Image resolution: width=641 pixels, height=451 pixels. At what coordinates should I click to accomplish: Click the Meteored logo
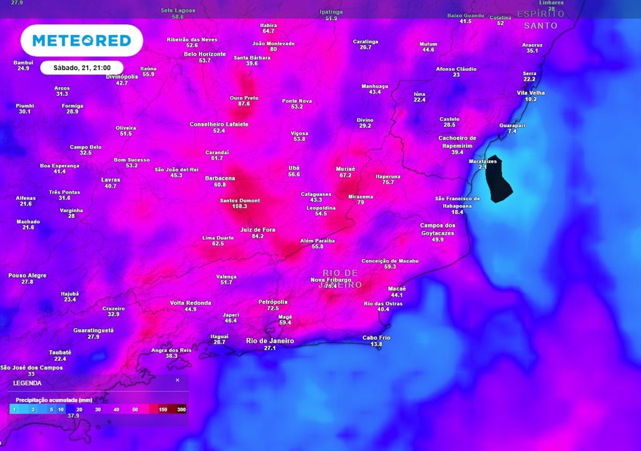pos(82,41)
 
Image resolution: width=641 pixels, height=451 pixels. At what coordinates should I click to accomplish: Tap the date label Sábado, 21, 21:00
pos(81,68)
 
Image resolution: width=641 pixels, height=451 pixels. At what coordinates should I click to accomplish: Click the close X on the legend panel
pos(177,380)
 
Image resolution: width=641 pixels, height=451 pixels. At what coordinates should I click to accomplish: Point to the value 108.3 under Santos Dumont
pos(239,206)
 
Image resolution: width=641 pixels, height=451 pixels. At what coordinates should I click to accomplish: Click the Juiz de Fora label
pos(257,230)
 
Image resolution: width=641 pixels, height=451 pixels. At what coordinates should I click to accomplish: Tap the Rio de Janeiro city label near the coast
pos(270,341)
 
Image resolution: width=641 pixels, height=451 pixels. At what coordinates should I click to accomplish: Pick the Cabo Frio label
pos(376,338)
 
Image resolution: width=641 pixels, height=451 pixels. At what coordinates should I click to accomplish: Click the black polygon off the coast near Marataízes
pos(499,179)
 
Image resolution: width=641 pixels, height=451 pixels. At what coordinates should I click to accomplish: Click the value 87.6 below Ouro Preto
pos(244,103)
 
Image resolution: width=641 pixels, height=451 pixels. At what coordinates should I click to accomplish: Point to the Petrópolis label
pos(273,301)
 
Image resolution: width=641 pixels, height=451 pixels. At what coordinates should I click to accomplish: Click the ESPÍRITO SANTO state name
pos(541,19)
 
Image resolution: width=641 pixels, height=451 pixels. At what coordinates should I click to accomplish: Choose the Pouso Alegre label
pos(28,275)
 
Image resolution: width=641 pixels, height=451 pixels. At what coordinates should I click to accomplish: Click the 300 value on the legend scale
pos(182,409)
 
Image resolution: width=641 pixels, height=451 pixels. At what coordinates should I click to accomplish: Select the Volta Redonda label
pos(190,303)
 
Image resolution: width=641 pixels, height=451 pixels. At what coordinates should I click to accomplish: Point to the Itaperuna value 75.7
pos(388,182)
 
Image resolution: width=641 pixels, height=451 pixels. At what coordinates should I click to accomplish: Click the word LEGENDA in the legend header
pos(28,383)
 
